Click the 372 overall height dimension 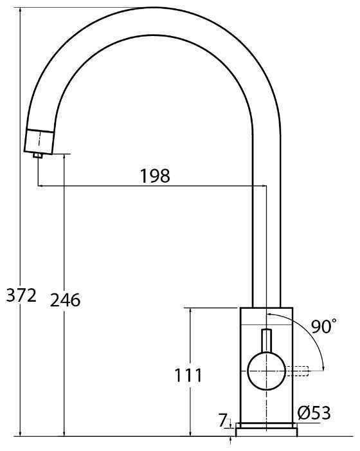tap(21, 295)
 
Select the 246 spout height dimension tap(65, 300)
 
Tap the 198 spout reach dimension tap(155, 176)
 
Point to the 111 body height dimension tap(188, 375)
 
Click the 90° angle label tap(323, 326)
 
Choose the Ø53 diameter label tap(314, 413)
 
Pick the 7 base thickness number tap(223, 421)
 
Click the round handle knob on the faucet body tap(267, 371)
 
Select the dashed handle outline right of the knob tap(297, 371)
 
